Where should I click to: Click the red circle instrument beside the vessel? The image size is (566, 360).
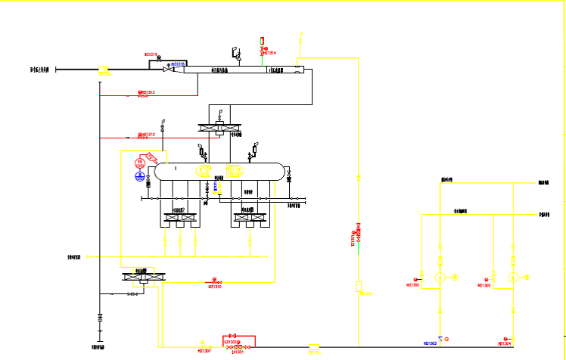140,163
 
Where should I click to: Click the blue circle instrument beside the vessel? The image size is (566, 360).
140,176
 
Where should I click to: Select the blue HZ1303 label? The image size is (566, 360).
430,343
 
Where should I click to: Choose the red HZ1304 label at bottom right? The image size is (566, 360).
505,343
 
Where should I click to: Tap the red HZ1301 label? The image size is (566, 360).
412,285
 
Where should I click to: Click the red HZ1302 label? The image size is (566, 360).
484,285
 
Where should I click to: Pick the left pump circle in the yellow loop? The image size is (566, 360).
440,278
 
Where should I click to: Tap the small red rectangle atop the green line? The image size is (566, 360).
263,40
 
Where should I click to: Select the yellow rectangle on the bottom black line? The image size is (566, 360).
314,348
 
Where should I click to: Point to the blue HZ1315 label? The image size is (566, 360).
179,64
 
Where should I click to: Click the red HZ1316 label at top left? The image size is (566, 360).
151,54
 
